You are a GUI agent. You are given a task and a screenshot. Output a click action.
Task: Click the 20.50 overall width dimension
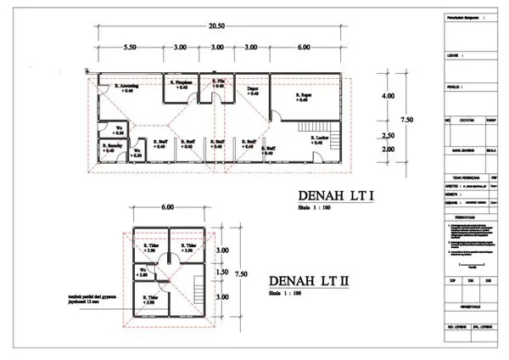pyautogui.click(x=217, y=27)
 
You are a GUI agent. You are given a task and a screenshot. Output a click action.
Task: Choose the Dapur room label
pyautogui.click(x=252, y=90)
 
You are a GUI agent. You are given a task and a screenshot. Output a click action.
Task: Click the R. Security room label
pyautogui.click(x=115, y=148)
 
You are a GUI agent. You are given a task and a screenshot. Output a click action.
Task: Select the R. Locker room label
pyautogui.click(x=319, y=139)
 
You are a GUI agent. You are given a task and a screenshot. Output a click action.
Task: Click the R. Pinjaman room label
pyautogui.click(x=182, y=84)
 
